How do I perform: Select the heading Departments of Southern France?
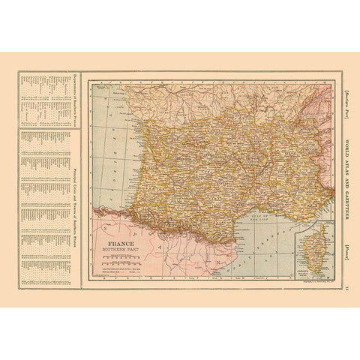click(x=74, y=100)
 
